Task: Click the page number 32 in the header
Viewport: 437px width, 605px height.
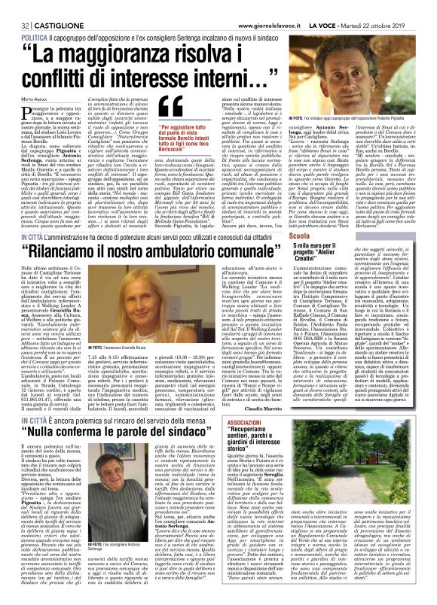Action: (14, 7)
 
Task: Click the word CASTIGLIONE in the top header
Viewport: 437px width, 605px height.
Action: (50, 7)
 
